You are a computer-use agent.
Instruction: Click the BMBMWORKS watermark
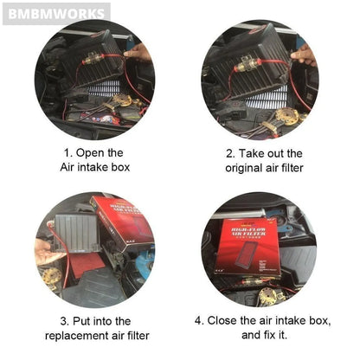[56, 14]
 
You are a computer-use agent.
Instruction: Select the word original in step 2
[244, 168]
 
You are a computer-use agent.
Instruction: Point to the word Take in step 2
[251, 153]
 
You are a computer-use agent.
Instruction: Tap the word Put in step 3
[81, 321]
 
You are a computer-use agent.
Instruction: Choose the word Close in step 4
[222, 320]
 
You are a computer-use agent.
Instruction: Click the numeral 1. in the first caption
[67, 153]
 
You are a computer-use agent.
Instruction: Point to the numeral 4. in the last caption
[199, 320]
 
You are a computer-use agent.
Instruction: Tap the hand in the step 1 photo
[138, 53]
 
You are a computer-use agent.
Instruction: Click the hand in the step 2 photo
[304, 55]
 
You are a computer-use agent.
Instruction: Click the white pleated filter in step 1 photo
[105, 87]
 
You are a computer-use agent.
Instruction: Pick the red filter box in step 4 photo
[248, 247]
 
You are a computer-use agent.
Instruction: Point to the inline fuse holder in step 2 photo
[247, 66]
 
